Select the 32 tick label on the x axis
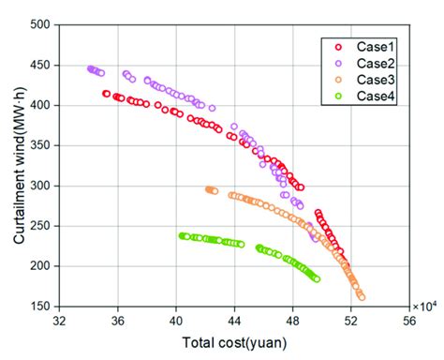pyautogui.click(x=60, y=321)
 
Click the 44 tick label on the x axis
pyautogui.click(x=234, y=321)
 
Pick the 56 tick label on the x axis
pyautogui.click(x=408, y=321)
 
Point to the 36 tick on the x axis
pyautogui.click(x=118, y=321)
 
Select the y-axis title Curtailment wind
pyautogui.click(x=18, y=165)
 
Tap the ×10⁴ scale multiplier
pyautogui.click(x=425, y=305)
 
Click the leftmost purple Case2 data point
pyautogui.click(x=91, y=68)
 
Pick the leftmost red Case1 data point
pyautogui.click(x=106, y=94)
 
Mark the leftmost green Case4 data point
pyautogui.click(x=182, y=235)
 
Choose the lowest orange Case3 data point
pyautogui.click(x=362, y=297)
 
